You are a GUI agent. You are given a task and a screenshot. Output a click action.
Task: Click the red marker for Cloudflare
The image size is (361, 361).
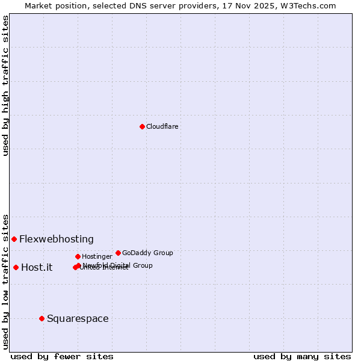[142, 126]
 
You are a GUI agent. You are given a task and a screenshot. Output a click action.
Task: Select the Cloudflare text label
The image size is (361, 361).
[162, 126]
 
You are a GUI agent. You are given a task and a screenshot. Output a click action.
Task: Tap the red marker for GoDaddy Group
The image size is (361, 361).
[118, 253]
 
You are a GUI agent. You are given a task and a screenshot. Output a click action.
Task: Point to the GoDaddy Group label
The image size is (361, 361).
[147, 253]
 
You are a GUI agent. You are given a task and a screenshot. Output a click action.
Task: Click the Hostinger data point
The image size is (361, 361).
[78, 256]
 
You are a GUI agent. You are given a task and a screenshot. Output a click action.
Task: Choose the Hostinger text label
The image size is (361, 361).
[97, 256]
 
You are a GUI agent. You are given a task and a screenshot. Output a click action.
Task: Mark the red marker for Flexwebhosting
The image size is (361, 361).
[14, 239]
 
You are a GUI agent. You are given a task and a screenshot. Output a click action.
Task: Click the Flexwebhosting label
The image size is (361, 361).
[57, 239]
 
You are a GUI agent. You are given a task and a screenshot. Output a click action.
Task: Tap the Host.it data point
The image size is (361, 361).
[16, 267]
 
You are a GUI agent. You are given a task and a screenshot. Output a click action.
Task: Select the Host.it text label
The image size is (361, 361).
[37, 267]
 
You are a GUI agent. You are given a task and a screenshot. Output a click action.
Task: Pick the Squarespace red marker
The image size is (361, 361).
[42, 318]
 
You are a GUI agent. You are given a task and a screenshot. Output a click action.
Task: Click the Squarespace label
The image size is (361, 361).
[78, 318]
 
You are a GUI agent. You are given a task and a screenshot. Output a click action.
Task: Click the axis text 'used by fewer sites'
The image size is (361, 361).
[62, 356]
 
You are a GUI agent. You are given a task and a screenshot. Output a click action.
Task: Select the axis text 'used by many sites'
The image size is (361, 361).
[302, 356]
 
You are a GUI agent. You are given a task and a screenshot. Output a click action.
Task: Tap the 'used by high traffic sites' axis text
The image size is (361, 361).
[5, 85]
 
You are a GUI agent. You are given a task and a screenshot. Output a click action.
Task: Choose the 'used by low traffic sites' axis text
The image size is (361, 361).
[5, 281]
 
